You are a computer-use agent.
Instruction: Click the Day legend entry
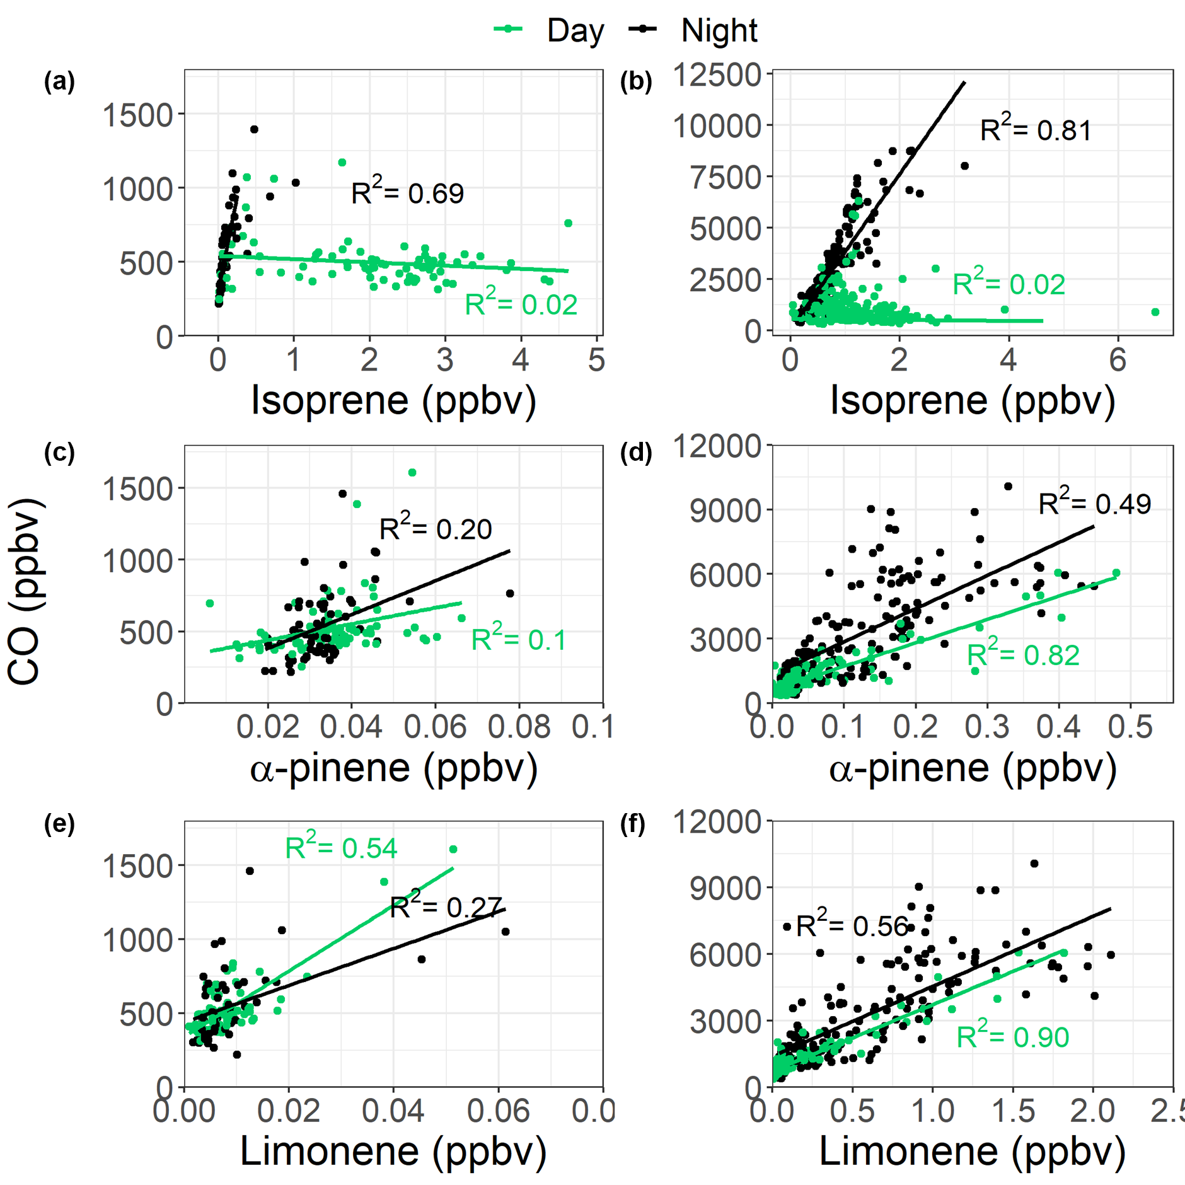pos(548,30)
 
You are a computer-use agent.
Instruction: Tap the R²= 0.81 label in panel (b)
pos(1036,129)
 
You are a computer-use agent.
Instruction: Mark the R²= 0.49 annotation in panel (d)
pos(1095,502)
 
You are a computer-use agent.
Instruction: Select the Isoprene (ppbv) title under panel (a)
pos(393,400)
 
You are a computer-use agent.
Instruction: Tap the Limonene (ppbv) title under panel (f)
pos(972,1151)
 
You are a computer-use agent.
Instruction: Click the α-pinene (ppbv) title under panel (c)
pos(393,768)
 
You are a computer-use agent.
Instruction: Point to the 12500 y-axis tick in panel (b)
pos(717,75)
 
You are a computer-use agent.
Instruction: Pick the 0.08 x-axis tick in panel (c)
pos(519,727)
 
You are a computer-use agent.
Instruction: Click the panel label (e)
pos(59,823)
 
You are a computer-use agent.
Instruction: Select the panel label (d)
pos(636,452)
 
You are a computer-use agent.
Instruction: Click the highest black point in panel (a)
pos(254,129)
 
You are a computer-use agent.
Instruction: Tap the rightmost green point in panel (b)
pos(1155,312)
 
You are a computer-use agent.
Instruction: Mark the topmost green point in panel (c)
pos(412,473)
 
